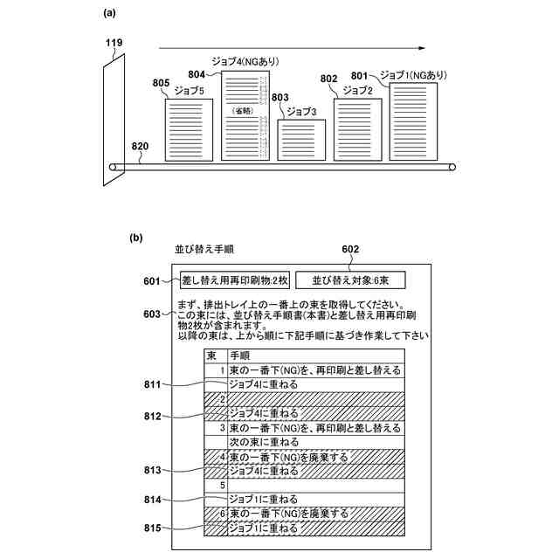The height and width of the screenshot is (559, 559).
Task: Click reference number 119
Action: pos(114,42)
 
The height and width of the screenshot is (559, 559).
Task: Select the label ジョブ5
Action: pos(190,90)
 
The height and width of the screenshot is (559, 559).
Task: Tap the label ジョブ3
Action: pos(301,111)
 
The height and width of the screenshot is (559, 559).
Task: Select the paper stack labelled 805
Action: pos(189,128)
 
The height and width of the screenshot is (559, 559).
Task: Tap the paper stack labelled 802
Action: pos(357,129)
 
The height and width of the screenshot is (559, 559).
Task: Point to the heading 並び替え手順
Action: pos(204,250)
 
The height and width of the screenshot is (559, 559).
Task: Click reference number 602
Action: pos(350,248)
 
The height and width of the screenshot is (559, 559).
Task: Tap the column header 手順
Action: pos(239,355)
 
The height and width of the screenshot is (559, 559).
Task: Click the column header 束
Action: pos(211,355)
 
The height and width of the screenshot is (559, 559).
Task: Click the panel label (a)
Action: pos(109,12)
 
